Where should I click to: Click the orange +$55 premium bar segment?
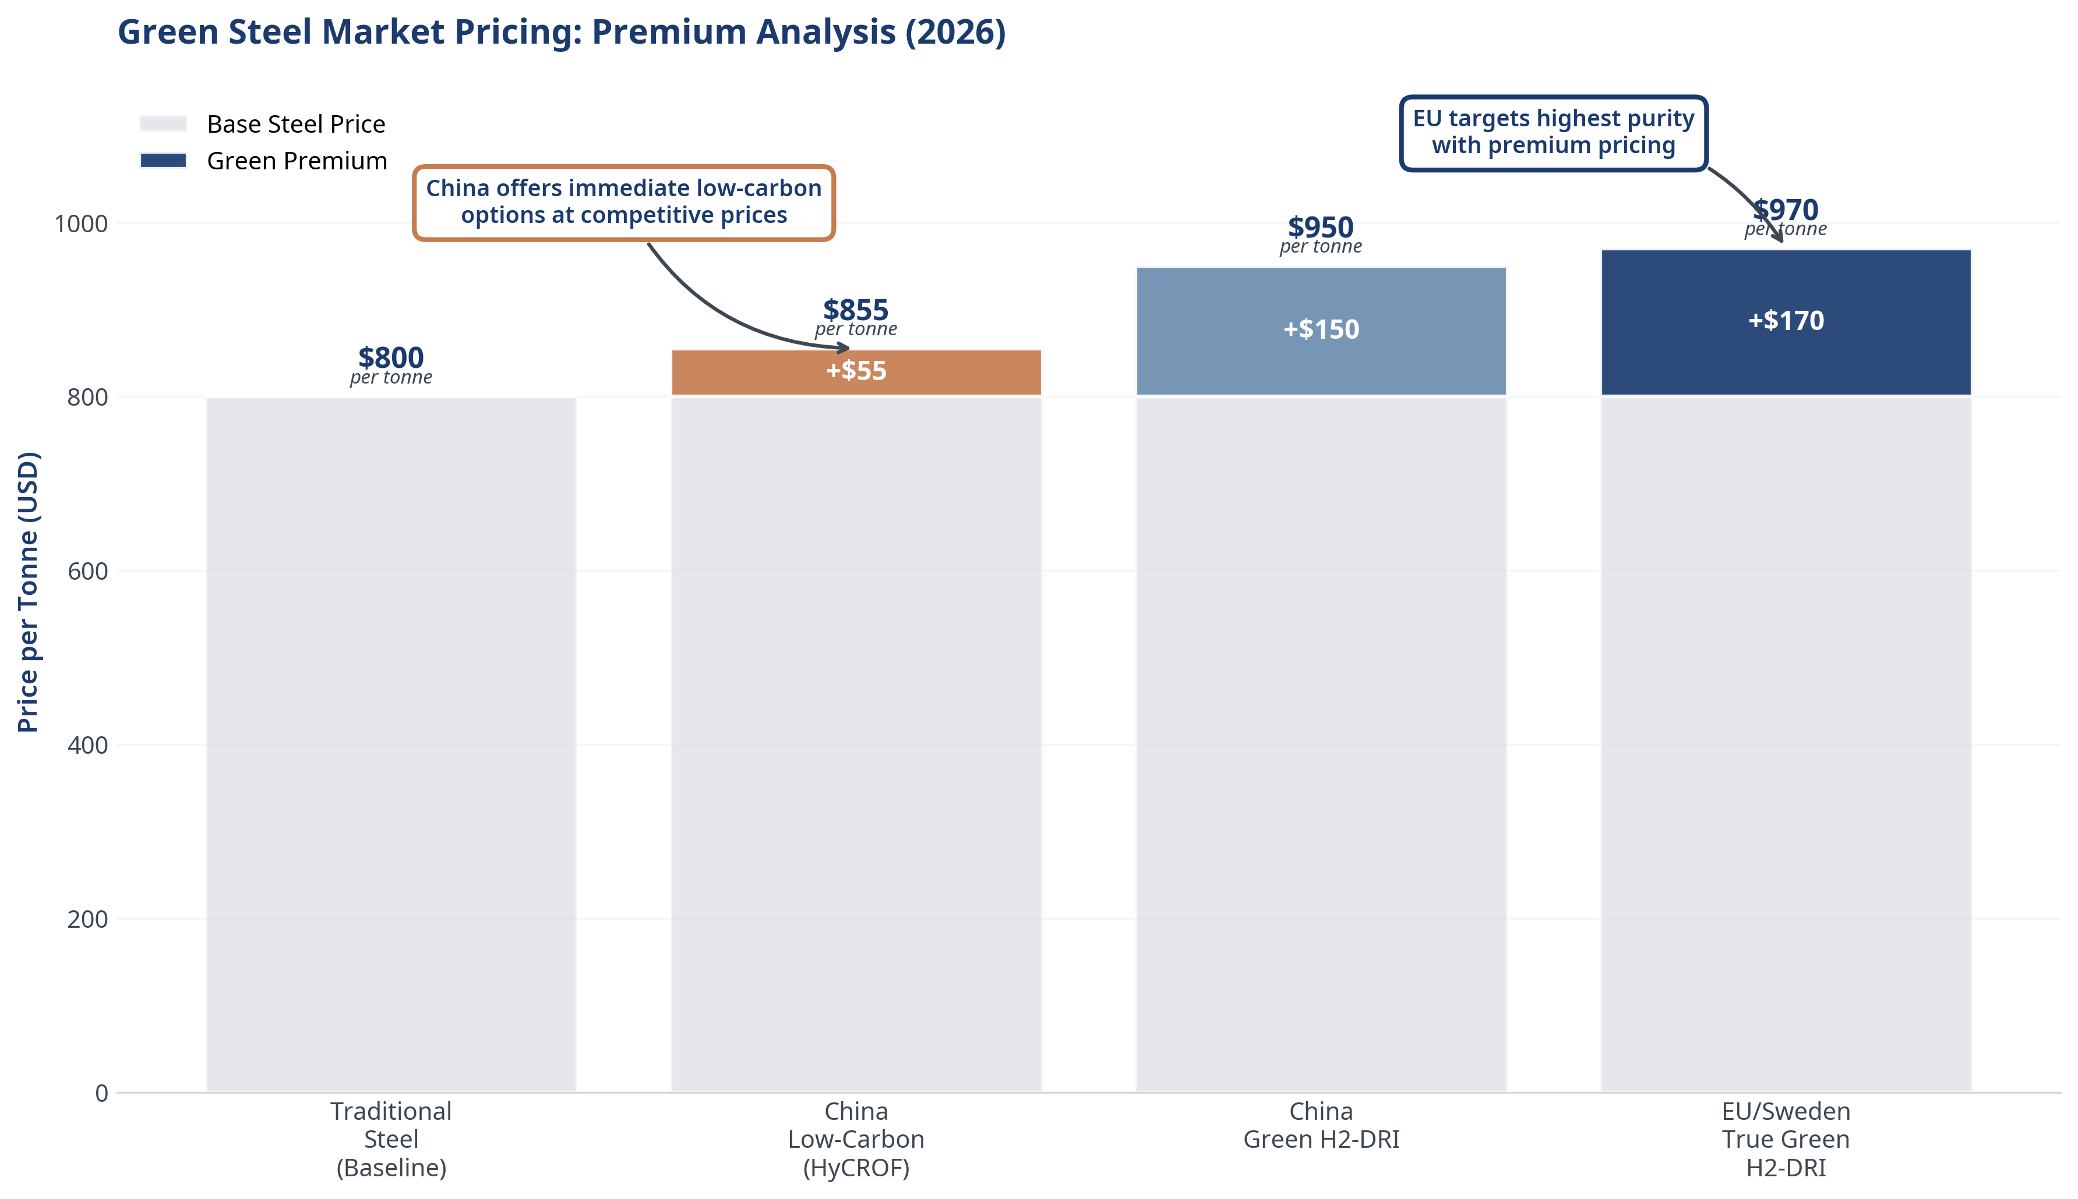(x=856, y=373)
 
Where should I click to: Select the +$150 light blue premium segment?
(x=1320, y=331)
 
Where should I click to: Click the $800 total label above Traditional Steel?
(x=390, y=358)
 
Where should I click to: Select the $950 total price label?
(x=1320, y=227)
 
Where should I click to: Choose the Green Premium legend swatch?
(x=163, y=161)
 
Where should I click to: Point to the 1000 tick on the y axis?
(x=81, y=223)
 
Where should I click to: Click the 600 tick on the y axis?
(x=87, y=570)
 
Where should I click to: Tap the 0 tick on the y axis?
(x=101, y=1092)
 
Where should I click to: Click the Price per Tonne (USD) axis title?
(x=28, y=591)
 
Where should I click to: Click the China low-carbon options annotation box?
(x=624, y=203)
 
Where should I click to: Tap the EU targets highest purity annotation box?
(x=1553, y=133)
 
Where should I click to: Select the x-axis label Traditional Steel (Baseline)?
(x=390, y=1139)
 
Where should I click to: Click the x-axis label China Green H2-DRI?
(x=1320, y=1125)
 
